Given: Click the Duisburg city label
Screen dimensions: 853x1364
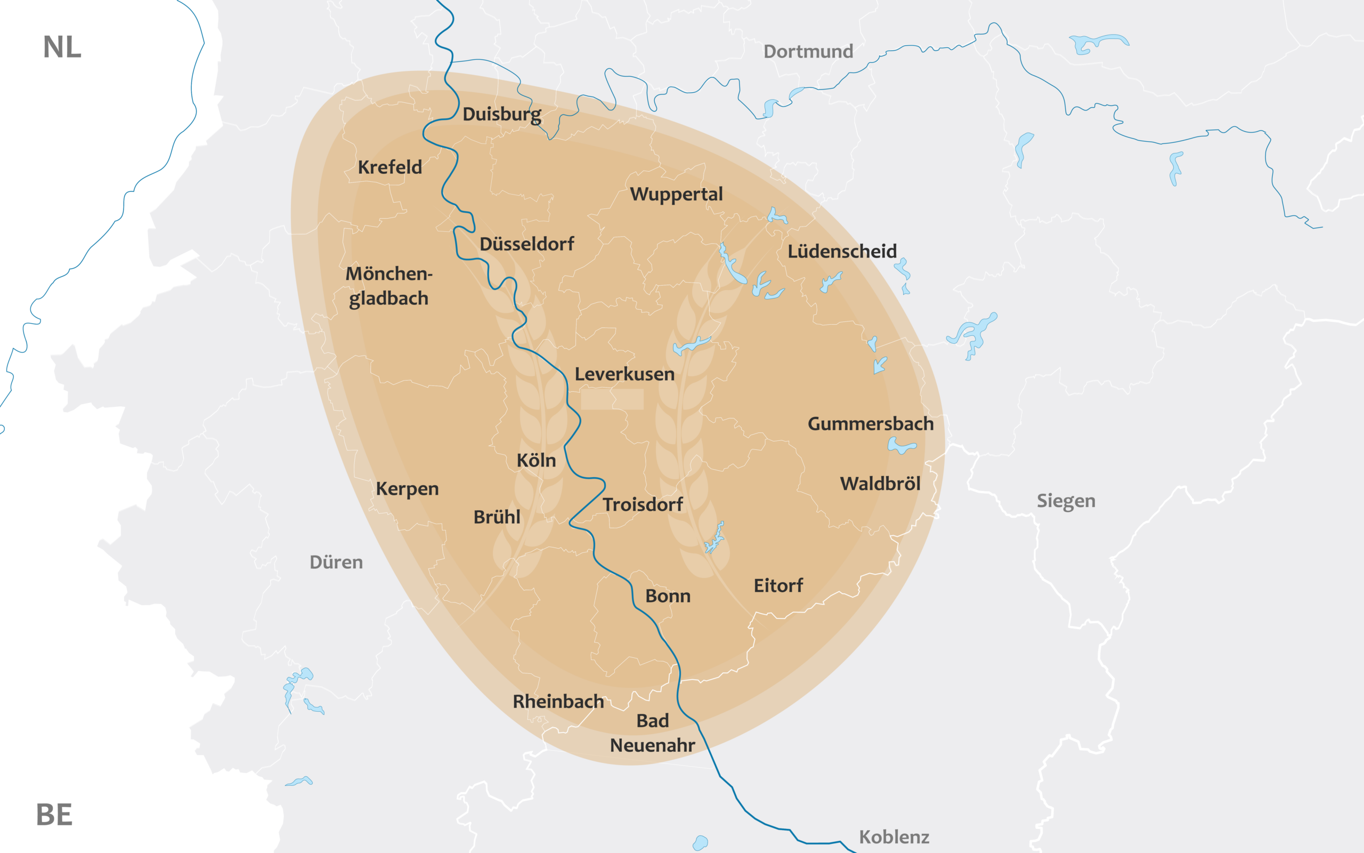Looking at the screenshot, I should pos(501,115).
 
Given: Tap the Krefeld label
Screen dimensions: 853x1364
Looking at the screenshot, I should pos(389,167).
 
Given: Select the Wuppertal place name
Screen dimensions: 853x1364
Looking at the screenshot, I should pos(676,194).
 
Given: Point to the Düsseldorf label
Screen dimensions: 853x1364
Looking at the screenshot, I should pos(526,244).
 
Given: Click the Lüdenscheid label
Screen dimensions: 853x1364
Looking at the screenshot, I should pos(841,251).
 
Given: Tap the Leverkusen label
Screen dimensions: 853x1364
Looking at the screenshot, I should pos(624,374).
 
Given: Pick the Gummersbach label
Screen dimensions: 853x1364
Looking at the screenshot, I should pos(870,424).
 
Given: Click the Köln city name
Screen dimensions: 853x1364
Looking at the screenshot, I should pos(536,460).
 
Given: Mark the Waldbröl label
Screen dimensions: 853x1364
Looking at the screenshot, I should pos(880,484).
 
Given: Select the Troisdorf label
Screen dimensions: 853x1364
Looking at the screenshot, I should pos(643,504).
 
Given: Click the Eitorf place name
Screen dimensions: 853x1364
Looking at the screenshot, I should pos(778,585).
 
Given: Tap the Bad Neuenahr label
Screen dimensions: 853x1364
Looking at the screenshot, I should pos(652,733).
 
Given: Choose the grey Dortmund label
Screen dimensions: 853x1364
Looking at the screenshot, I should pos(808,51).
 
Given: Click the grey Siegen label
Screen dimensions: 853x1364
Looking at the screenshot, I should pos(1066,501).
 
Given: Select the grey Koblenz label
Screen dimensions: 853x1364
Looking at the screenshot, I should pos(894,836).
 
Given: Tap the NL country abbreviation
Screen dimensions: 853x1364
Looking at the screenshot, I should pos(62,47).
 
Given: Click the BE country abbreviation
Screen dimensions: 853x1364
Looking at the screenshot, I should pos(54,815).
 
